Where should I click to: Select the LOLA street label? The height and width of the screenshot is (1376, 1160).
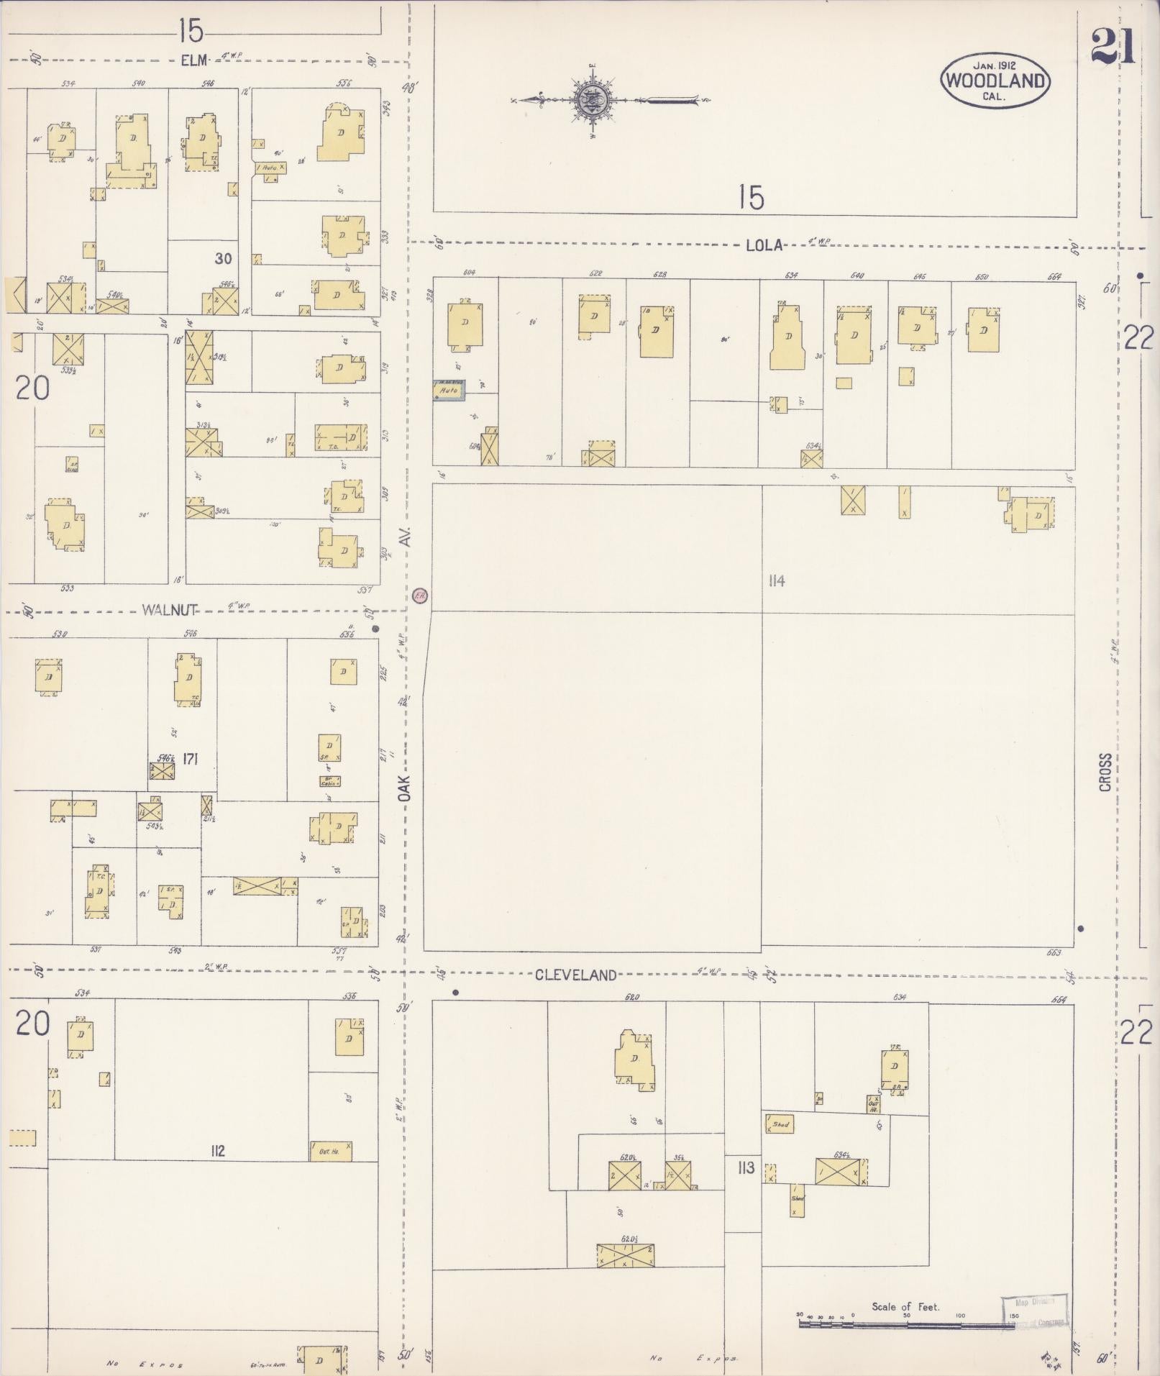[x=763, y=245]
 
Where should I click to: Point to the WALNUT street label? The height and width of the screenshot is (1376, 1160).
[x=169, y=610]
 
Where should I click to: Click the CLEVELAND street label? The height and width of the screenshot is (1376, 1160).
[x=576, y=975]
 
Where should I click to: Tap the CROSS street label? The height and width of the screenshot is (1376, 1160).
[x=1105, y=772]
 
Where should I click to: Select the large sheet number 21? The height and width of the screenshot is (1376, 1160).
[x=1112, y=47]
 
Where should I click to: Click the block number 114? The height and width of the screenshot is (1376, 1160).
[x=776, y=581]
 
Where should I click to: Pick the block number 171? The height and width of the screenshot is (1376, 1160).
[x=190, y=759]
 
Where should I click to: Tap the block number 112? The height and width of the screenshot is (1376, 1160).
[x=217, y=1151]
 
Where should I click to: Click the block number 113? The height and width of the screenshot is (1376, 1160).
[x=746, y=1167]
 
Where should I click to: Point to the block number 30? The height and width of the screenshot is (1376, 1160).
[x=224, y=258]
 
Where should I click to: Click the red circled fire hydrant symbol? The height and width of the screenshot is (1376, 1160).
[x=421, y=595]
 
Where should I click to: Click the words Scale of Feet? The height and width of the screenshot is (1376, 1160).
[x=905, y=1306]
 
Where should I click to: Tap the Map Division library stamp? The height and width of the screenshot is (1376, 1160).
[x=1034, y=1311]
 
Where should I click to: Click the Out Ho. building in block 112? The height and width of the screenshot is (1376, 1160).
[x=330, y=1152]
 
